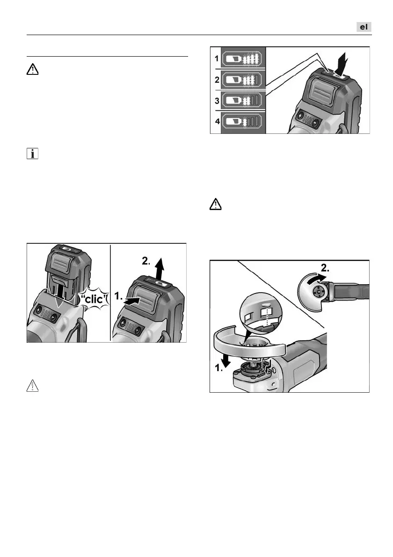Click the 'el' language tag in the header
pyautogui.click(x=363, y=27)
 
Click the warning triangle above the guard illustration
pyautogui.click(x=215, y=205)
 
